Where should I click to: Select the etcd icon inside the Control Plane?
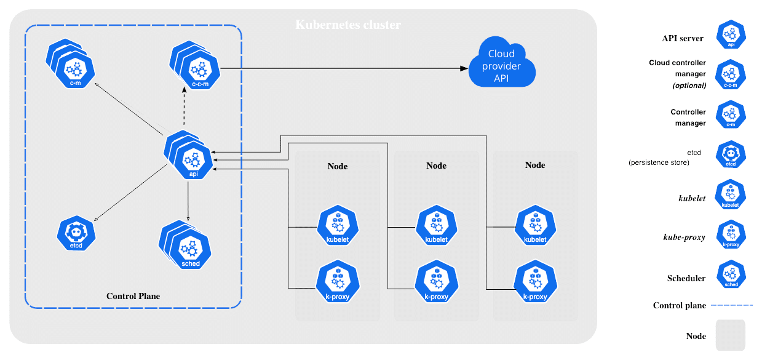(77, 234)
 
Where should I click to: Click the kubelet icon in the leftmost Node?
(338, 226)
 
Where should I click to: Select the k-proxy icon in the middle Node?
(436, 281)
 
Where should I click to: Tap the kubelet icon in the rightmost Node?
(535, 226)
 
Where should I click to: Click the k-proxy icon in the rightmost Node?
(535, 281)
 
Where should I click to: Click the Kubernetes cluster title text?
(348, 25)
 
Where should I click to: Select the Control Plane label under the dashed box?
(133, 296)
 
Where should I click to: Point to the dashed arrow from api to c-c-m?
(184, 108)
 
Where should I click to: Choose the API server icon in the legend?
(731, 35)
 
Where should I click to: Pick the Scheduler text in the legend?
(686, 278)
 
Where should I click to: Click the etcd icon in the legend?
(731, 156)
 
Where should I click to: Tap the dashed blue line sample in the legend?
(732, 305)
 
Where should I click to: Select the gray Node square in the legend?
(730, 335)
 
